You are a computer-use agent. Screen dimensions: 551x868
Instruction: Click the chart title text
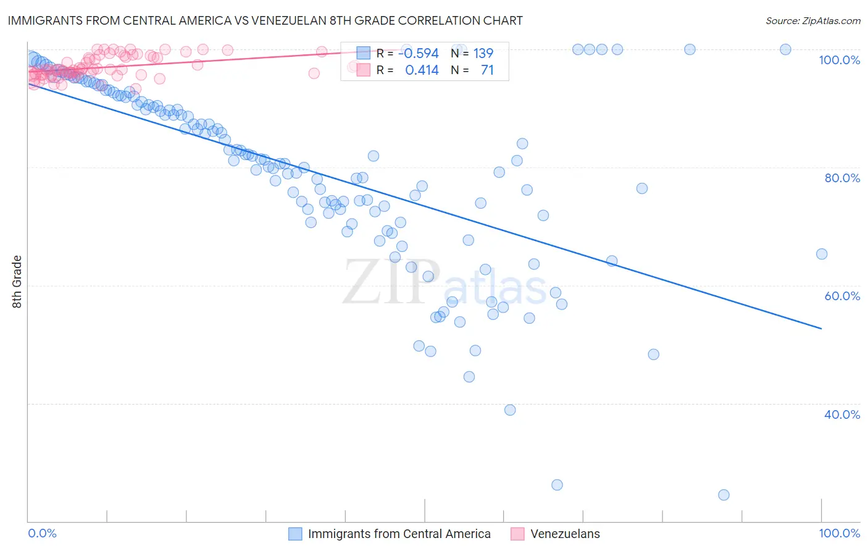265,20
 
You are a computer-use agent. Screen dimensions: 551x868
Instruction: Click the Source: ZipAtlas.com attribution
812,20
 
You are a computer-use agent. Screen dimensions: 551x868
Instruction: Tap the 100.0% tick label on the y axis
839,60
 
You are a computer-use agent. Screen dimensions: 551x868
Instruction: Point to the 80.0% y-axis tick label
842,178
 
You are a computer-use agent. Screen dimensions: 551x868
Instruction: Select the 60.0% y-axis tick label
842,296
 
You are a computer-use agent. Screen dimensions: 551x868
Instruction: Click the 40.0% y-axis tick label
842,414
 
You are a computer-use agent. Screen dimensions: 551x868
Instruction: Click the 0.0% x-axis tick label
42,533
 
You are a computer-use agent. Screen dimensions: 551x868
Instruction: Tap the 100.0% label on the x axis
839,533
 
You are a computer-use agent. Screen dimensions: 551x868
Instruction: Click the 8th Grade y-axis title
17,282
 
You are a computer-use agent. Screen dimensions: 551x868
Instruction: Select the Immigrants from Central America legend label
399,534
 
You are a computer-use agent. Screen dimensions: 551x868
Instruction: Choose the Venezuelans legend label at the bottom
565,534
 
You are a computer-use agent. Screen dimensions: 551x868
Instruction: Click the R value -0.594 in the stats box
418,54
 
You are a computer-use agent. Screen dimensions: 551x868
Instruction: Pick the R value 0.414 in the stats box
422,70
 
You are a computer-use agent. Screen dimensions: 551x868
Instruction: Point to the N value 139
483,54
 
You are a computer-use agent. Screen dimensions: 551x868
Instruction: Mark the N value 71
487,70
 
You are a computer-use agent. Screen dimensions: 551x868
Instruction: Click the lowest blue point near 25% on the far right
724,495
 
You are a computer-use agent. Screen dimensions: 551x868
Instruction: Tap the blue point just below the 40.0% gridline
510,410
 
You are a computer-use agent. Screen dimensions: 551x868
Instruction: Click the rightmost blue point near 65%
822,254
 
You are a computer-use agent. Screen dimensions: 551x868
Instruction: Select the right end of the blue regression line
822,329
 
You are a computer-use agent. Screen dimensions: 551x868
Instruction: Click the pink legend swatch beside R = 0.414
363,70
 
